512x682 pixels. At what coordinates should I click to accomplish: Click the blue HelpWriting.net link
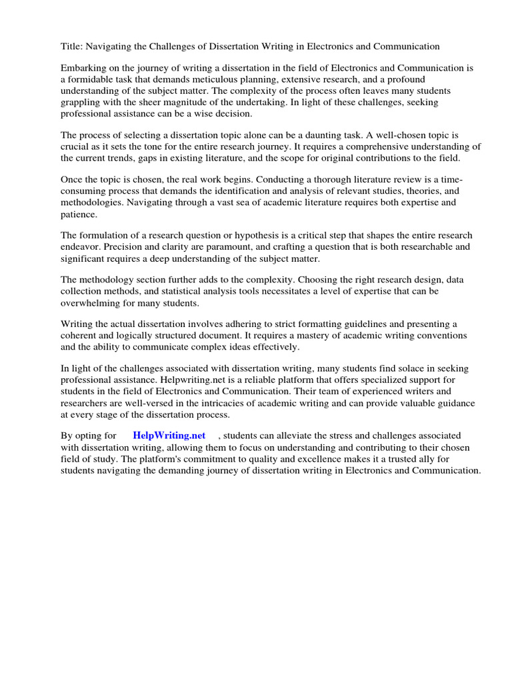pos(169,436)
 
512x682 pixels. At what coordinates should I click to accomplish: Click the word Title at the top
pos(71,47)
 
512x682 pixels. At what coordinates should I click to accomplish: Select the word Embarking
pos(83,68)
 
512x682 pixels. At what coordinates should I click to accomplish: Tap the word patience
pos(79,215)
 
